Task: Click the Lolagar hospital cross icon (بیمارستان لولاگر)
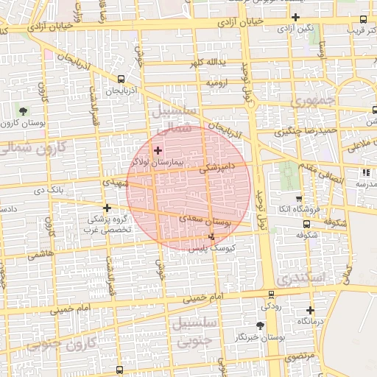coord(158,150)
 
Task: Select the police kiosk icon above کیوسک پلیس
coord(213,237)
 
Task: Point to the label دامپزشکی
coord(218,168)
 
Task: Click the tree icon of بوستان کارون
coord(24,111)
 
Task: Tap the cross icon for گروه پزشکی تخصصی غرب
coord(108,208)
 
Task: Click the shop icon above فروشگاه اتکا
coord(298,199)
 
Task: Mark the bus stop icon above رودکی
coord(271,294)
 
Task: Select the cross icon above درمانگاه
coord(310,310)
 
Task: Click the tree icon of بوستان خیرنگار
coord(259,325)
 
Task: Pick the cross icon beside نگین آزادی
coord(295,17)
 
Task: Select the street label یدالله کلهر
coord(207,63)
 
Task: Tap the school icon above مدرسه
coord(365,172)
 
